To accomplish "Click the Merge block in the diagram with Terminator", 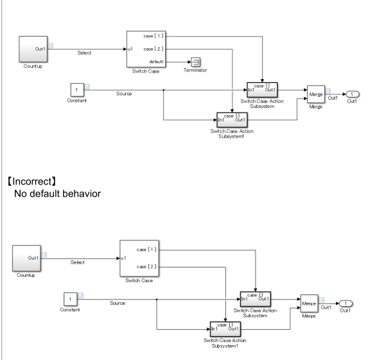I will click(316, 94).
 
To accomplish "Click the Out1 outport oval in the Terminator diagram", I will click(355, 94).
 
